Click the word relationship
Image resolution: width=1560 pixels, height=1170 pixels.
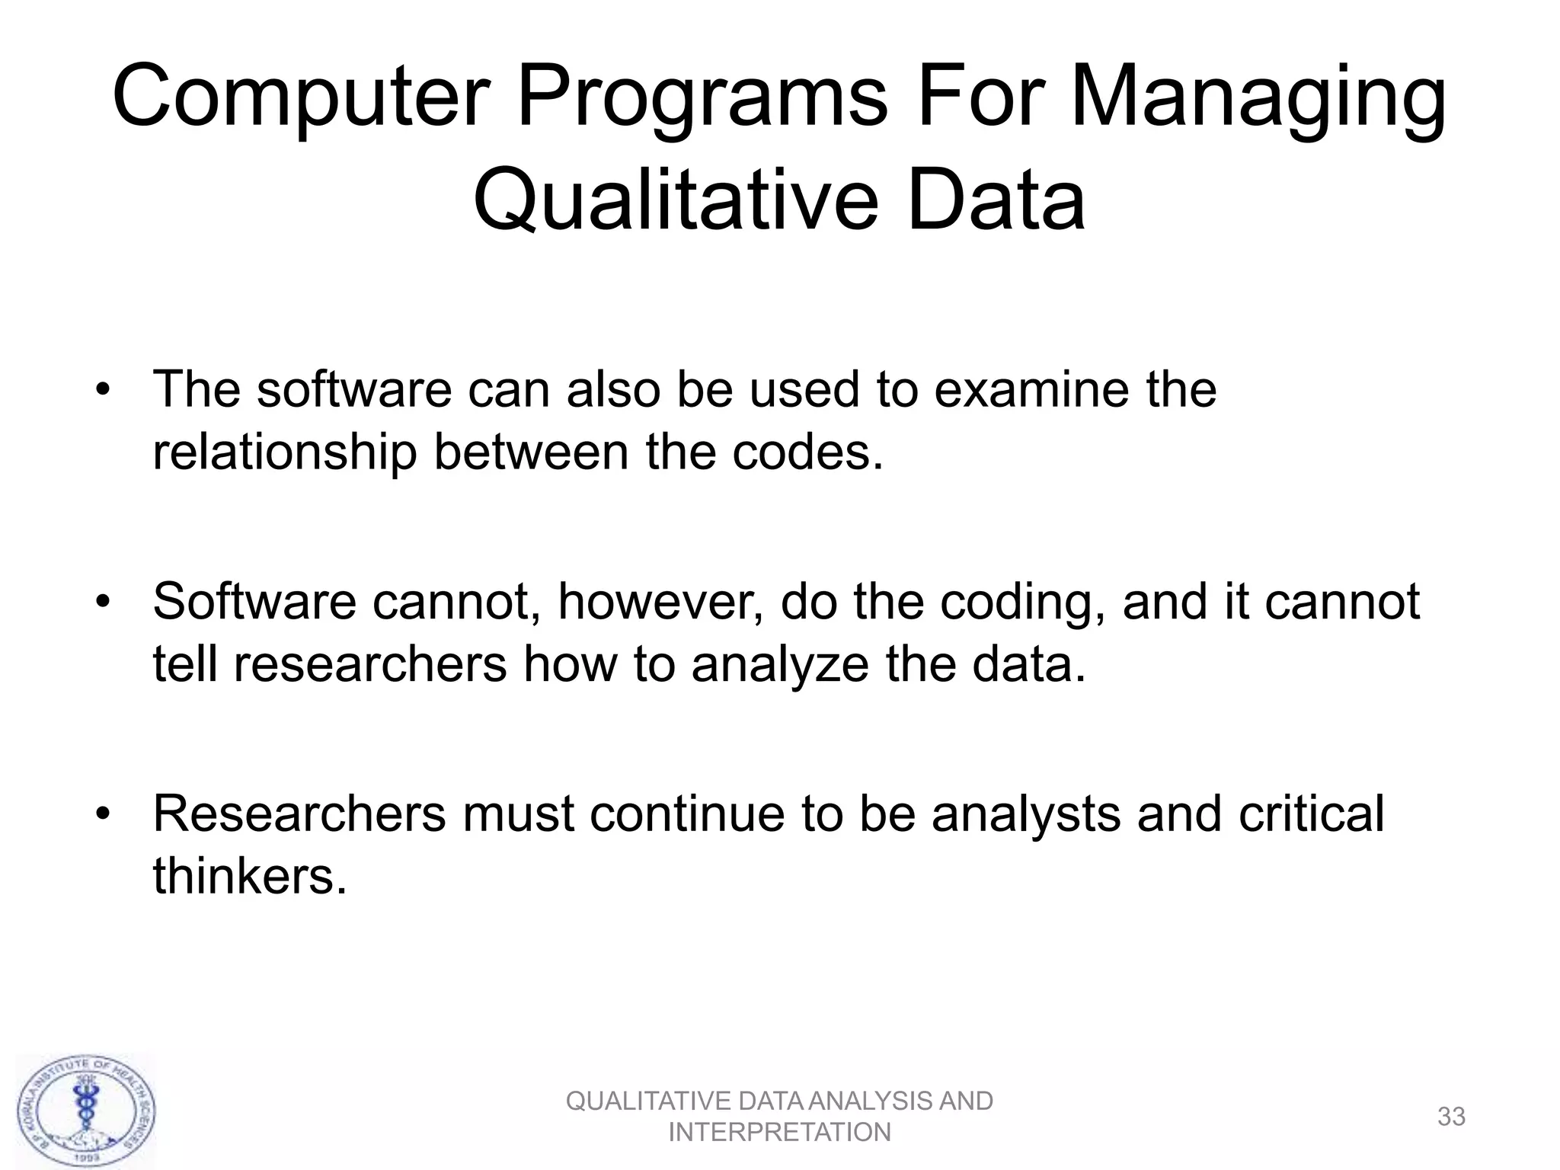[x=284, y=452]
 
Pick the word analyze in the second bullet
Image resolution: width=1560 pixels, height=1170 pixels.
[x=780, y=664]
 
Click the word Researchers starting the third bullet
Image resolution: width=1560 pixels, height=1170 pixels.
[x=299, y=814]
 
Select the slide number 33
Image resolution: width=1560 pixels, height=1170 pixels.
[x=1451, y=1117]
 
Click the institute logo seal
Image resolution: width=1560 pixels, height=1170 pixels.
[x=87, y=1111]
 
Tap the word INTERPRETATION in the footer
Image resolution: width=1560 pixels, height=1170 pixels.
[x=779, y=1133]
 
